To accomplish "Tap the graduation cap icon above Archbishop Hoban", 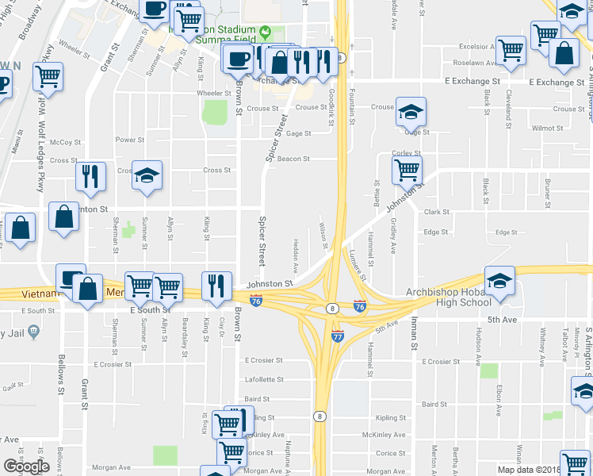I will [x=499, y=281].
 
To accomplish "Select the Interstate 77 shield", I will [x=337, y=337].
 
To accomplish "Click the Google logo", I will [x=26, y=466].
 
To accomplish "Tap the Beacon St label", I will [x=293, y=159].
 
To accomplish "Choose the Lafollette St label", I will [x=264, y=379].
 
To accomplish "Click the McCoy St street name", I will [x=65, y=143].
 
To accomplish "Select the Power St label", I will [x=130, y=140].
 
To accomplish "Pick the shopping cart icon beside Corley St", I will [x=407, y=168].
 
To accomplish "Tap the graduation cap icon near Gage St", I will [x=411, y=112].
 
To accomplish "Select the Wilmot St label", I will [x=547, y=127].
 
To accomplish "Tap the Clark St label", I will [x=436, y=212].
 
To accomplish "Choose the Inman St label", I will [x=413, y=336].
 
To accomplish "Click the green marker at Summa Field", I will [x=265, y=33].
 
